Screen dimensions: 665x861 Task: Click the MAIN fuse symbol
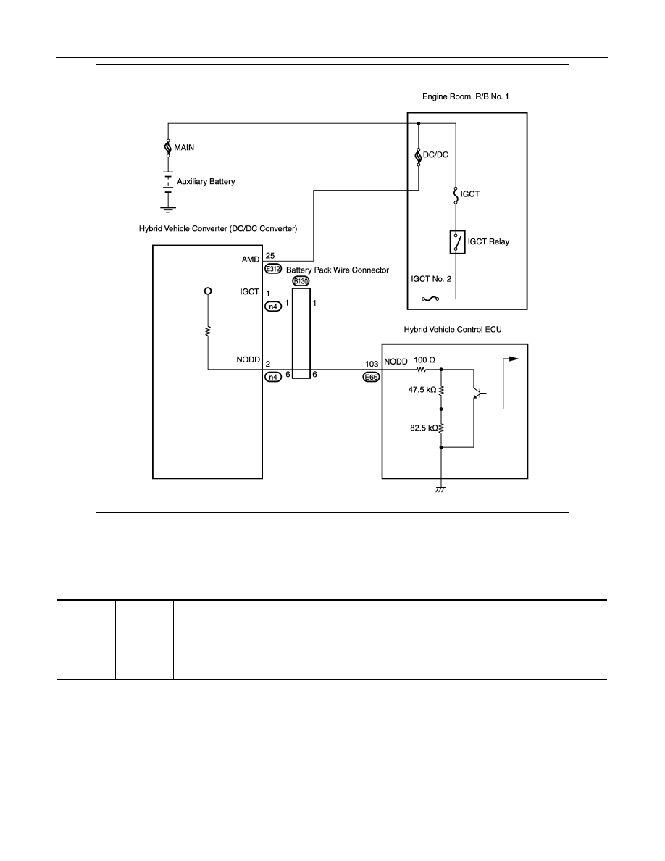[x=168, y=147]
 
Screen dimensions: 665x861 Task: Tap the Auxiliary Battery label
[x=206, y=181]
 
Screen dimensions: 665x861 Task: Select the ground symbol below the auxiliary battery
[x=168, y=209]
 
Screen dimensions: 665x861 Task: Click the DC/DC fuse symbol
[x=418, y=155]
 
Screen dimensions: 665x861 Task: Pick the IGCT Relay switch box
[x=457, y=242]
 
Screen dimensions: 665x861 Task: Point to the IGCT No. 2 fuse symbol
[x=429, y=299]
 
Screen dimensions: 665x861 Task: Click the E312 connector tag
[x=272, y=269]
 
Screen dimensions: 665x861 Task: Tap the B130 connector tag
[x=301, y=281]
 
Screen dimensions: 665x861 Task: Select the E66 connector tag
[x=372, y=378]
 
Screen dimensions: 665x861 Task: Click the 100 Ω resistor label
[x=424, y=359]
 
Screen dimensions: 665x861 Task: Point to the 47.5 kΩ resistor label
[x=422, y=390]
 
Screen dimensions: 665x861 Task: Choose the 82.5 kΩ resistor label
[x=424, y=428]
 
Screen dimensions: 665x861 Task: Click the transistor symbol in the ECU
[x=477, y=392]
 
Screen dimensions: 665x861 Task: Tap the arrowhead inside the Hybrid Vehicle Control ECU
[x=514, y=359]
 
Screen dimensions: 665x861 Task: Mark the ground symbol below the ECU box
[x=440, y=488]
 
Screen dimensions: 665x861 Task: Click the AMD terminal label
[x=250, y=259]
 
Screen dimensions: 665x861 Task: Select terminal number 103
[x=372, y=364]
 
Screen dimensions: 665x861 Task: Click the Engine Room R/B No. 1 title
[x=465, y=96]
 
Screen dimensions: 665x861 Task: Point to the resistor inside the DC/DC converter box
[x=208, y=330]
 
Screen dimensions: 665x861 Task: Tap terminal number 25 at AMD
[x=270, y=256]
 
